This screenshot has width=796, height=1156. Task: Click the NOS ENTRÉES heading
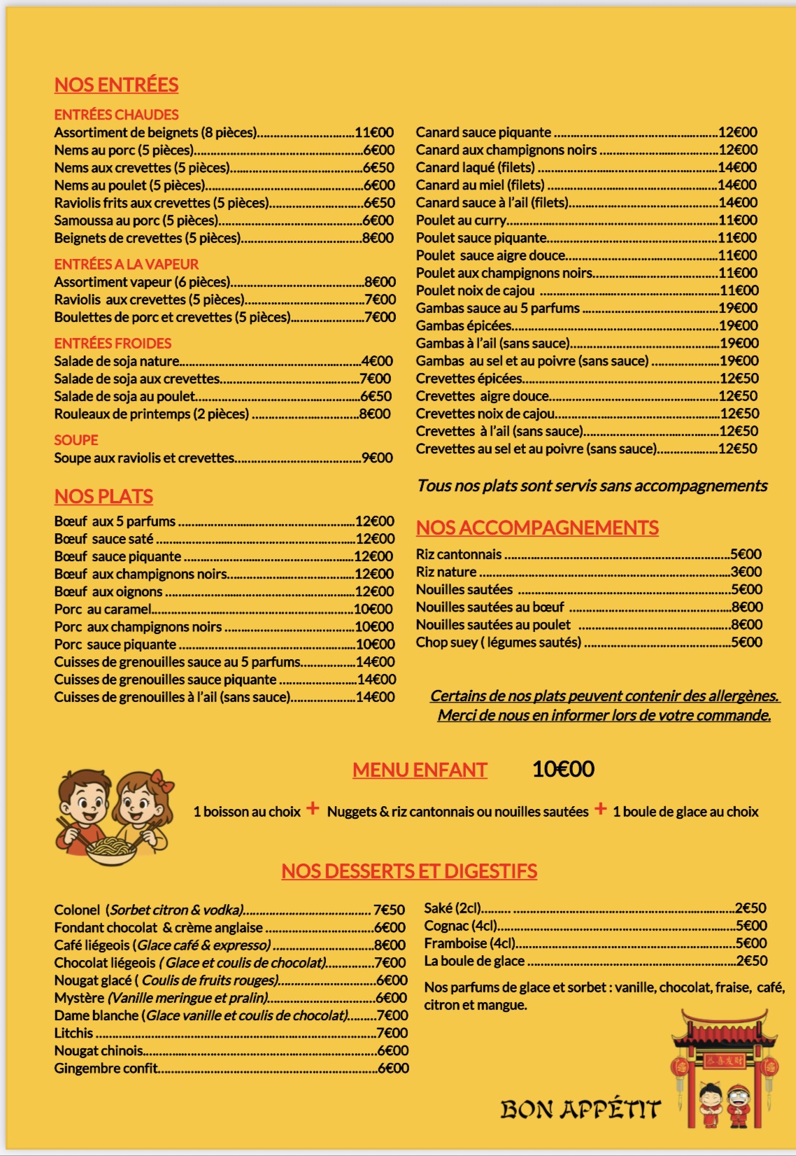[x=116, y=85]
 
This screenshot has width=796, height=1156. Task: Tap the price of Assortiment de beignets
[x=374, y=132]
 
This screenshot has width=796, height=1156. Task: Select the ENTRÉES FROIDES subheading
[x=113, y=344]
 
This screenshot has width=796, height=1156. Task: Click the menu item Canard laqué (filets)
[x=475, y=167]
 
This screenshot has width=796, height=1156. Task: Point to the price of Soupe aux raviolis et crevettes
[x=377, y=458]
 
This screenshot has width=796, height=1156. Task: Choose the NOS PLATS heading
[x=104, y=496]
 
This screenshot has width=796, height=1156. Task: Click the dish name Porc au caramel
[x=103, y=609]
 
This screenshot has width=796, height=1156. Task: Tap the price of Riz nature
[x=746, y=572]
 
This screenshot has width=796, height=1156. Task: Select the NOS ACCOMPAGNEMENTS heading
[x=537, y=528]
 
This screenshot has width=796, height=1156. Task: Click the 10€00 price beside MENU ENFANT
[x=563, y=769]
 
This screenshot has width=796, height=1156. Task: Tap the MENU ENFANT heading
[x=420, y=770]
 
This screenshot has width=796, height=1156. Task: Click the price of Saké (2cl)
[x=751, y=908]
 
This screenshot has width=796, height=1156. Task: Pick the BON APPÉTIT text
[x=580, y=1109]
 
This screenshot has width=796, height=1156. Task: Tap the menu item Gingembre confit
[x=106, y=1068]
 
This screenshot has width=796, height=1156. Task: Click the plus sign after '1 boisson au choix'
[x=313, y=809]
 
